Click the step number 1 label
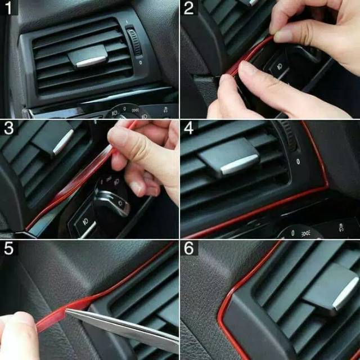[8, 8]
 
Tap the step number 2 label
[189, 8]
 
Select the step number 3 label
[9, 128]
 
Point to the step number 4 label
[189, 128]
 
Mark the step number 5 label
[8, 248]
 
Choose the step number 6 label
[189, 248]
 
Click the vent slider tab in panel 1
[88, 56]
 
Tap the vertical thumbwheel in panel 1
[134, 42]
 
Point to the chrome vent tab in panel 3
[63, 142]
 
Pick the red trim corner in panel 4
[326, 185]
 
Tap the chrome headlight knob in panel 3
[113, 202]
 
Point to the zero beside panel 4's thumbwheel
[298, 161]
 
